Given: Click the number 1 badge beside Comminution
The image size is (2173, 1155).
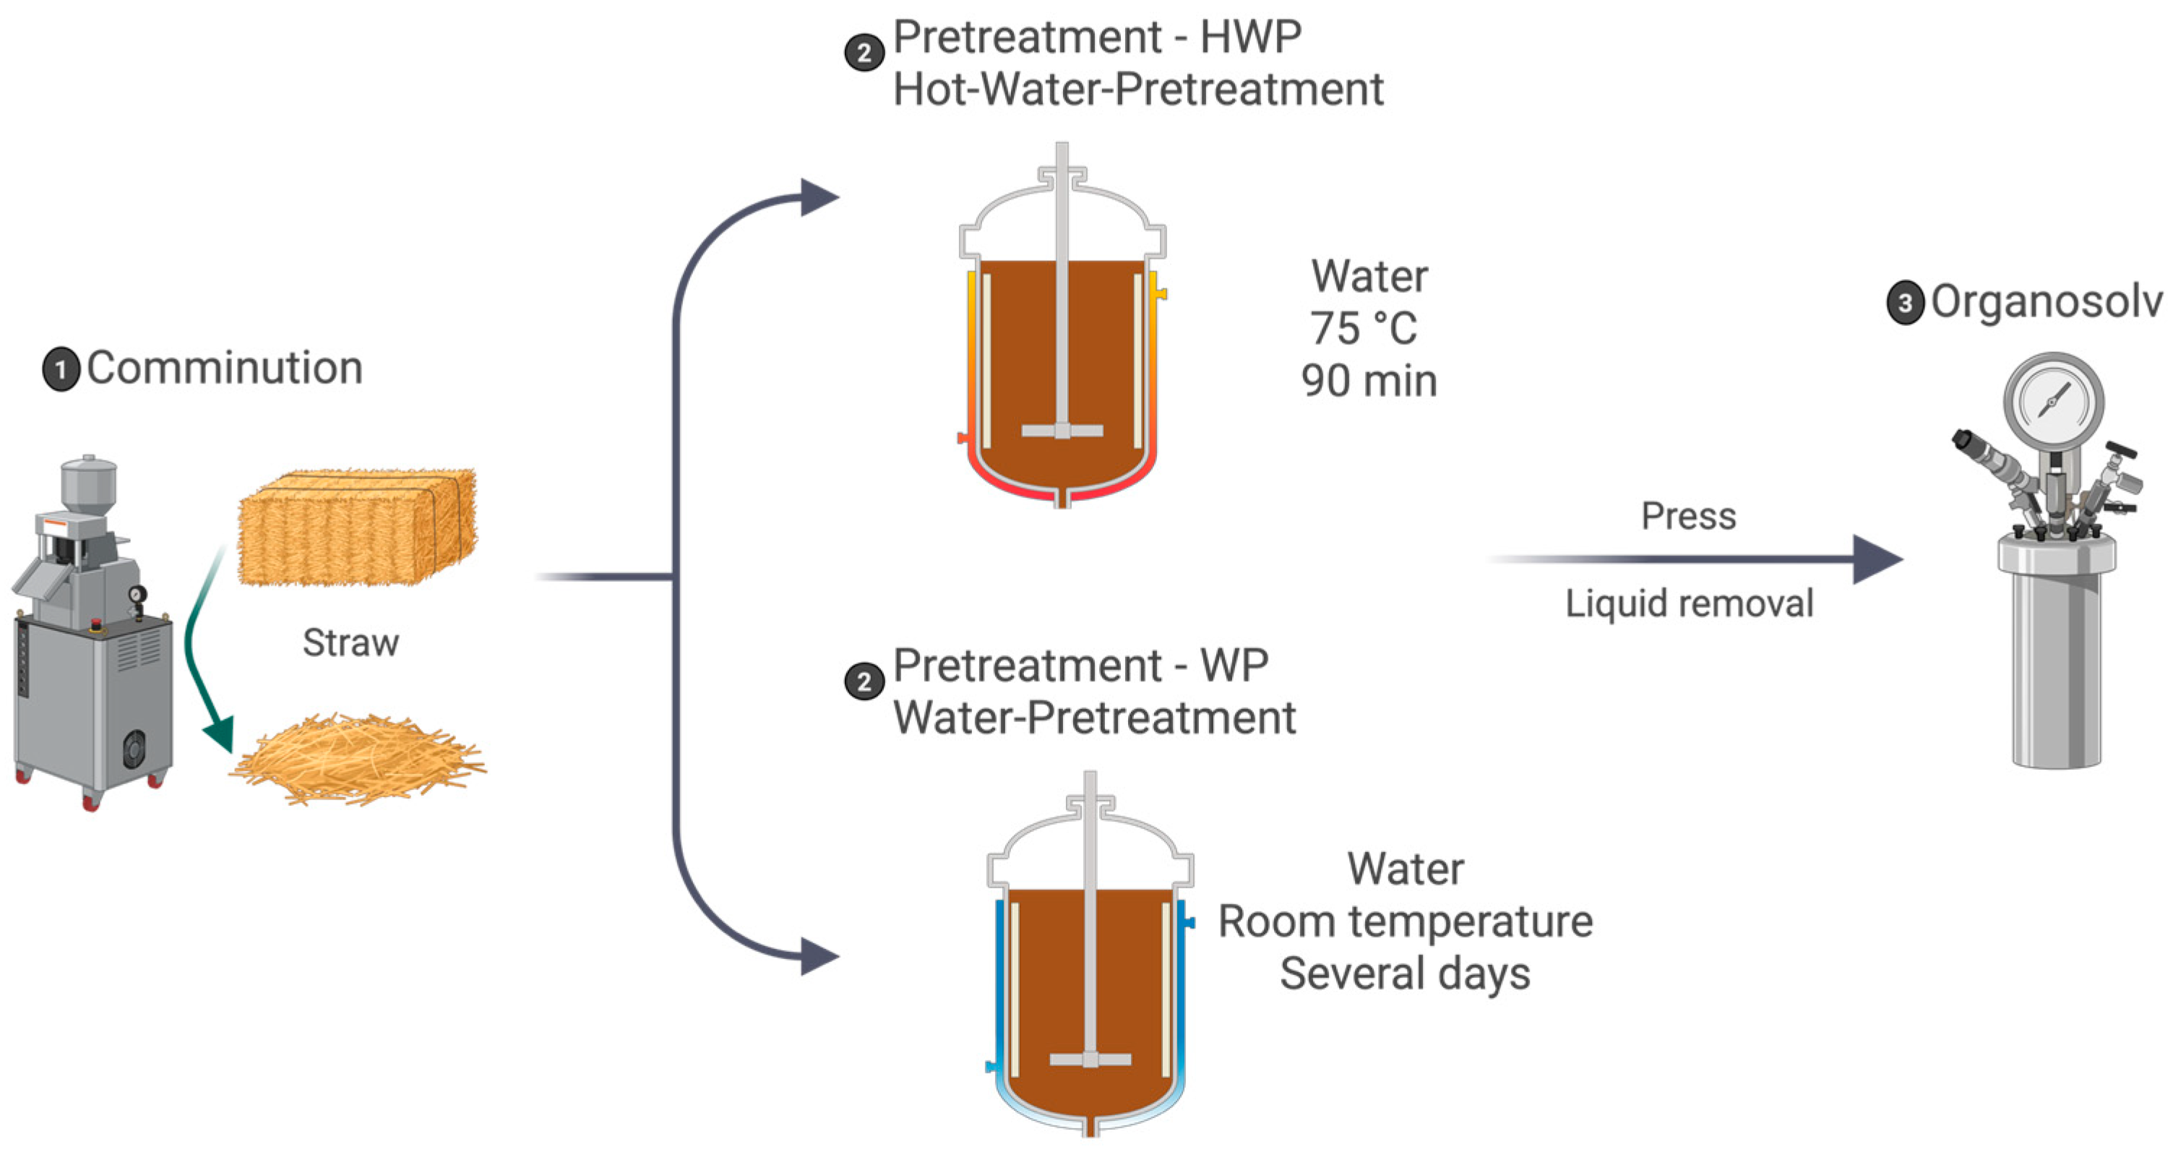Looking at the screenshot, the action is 61,369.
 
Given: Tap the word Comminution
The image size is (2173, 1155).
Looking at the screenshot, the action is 225,368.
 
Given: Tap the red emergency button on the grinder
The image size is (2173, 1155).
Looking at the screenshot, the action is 96,624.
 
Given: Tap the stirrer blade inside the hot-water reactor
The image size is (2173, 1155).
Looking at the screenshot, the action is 1062,430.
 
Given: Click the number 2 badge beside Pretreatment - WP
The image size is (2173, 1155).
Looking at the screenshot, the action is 864,681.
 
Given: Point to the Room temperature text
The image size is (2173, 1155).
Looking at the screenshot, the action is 1406,922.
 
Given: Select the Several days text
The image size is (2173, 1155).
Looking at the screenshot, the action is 1406,974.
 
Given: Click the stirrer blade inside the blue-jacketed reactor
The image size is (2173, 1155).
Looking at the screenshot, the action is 1090,1059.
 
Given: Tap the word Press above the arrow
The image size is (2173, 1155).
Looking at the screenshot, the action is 1689,515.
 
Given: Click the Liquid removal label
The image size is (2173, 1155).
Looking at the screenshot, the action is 1689,604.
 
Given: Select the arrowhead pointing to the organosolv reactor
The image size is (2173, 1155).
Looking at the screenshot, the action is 1877,559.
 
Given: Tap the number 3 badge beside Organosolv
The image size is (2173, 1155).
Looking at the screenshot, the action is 1905,303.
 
